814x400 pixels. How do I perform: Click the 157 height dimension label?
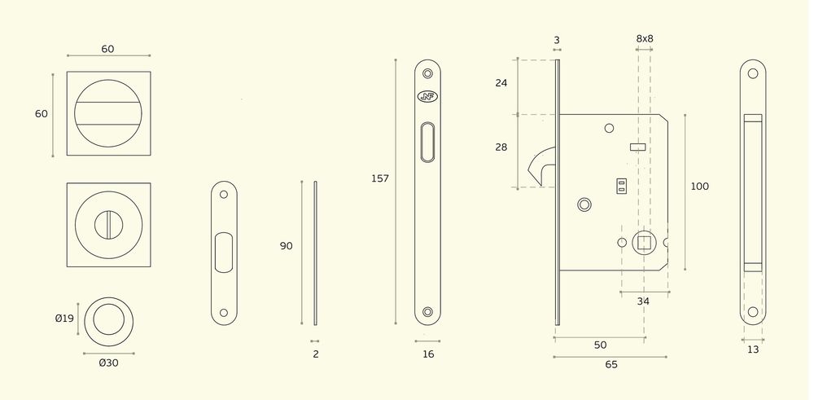pos(380,178)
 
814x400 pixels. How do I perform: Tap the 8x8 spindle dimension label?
pos(645,38)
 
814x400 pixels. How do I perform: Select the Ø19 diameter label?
pos(64,319)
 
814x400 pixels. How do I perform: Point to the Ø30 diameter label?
pos(108,363)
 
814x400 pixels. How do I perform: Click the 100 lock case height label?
pos(699,187)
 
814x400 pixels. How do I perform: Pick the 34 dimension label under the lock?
pos(643,301)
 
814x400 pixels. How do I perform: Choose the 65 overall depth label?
pos(611,365)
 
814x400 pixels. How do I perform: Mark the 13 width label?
pos(753,349)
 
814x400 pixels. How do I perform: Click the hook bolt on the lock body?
pos(540,165)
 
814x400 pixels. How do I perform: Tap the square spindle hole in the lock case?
pos(644,243)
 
